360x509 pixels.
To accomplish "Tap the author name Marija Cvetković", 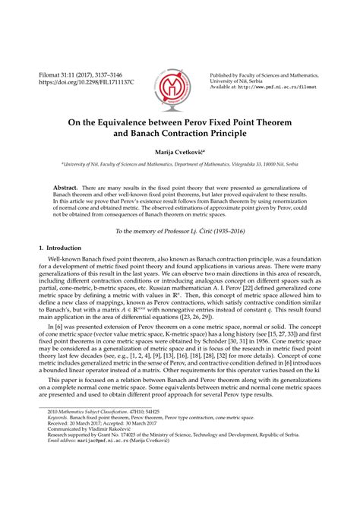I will [179, 153].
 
